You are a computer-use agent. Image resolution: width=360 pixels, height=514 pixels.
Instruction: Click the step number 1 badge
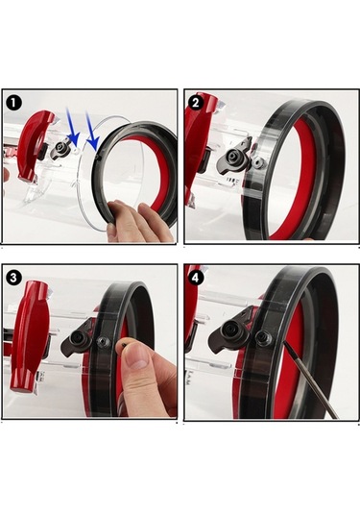14,102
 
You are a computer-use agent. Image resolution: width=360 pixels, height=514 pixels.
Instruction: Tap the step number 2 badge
196,103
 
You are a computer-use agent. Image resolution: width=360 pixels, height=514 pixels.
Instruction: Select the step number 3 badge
13,278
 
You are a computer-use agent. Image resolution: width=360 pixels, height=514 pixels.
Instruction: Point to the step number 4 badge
196,279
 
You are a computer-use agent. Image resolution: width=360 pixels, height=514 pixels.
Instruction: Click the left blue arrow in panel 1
73,126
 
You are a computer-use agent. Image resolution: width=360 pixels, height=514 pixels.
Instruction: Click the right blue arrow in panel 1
93,130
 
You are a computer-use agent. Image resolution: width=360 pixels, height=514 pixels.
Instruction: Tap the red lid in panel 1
36,145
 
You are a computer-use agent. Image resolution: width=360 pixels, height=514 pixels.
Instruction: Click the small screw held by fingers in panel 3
124,345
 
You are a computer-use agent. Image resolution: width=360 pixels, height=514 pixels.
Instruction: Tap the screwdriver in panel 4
309,379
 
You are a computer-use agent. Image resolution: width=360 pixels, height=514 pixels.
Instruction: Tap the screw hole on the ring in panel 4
263,337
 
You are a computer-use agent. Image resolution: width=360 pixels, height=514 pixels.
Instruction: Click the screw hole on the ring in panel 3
103,343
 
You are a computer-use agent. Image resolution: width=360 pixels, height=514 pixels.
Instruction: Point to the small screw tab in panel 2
259,160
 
